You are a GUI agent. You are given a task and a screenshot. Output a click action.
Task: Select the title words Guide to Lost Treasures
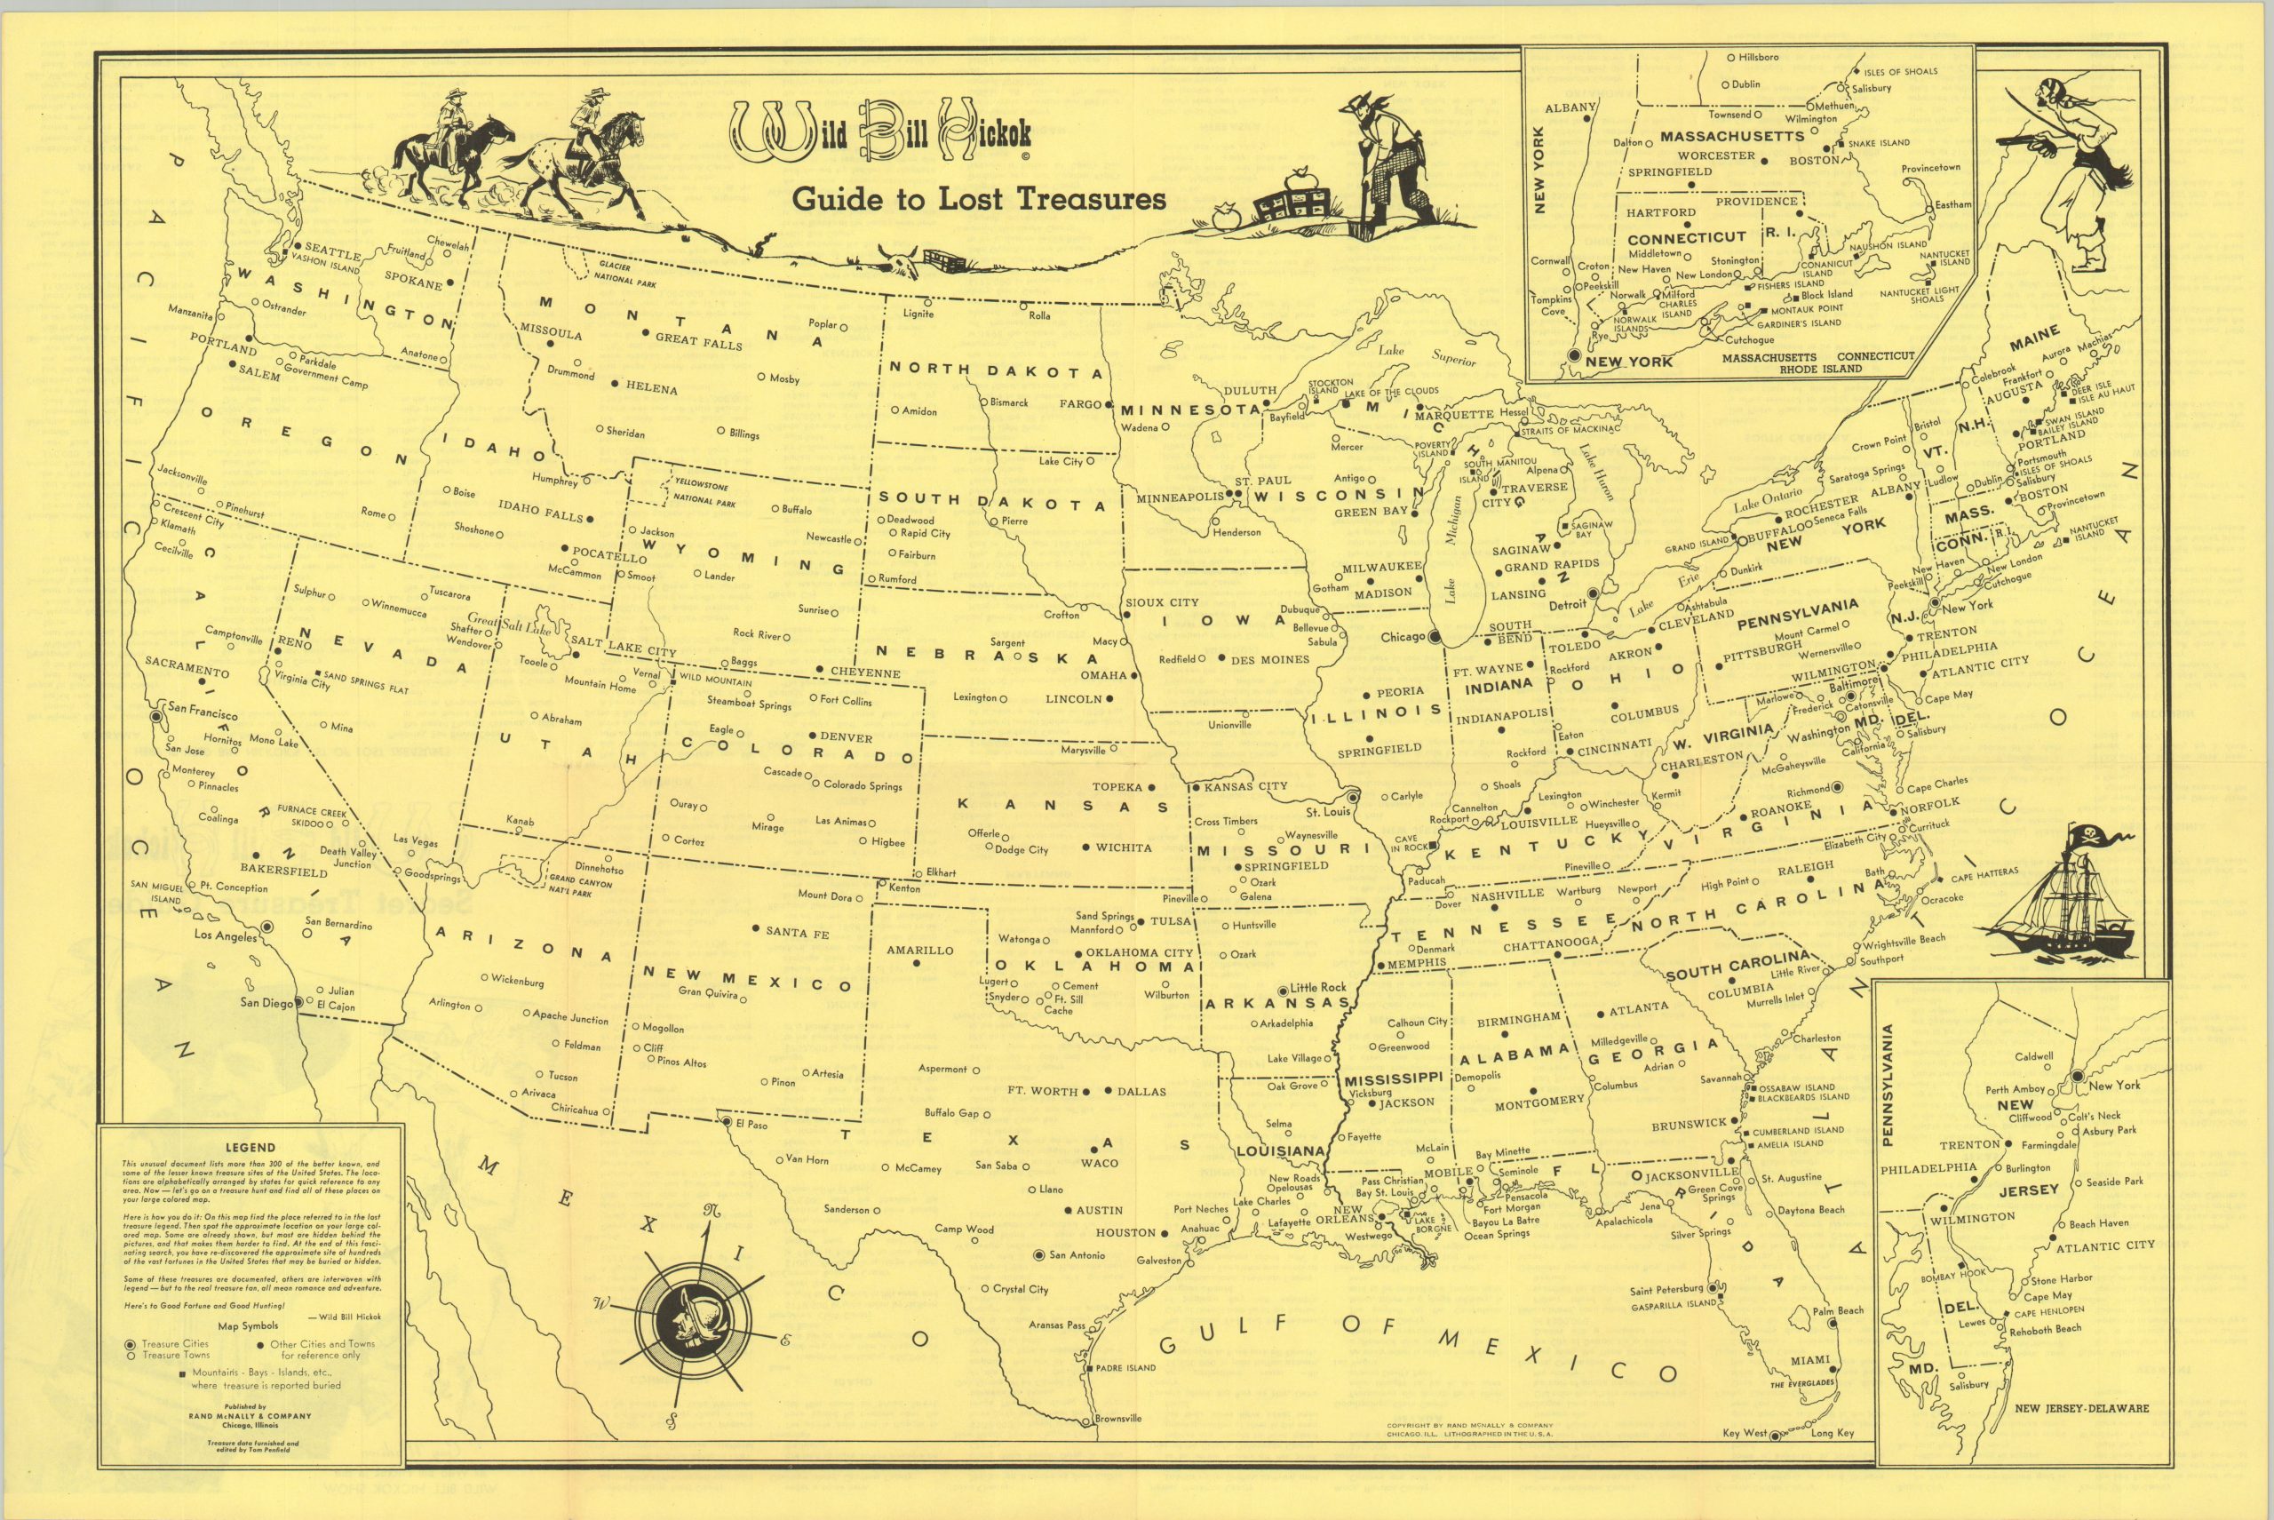click(979, 199)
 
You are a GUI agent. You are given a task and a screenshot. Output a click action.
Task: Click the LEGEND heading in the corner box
click(250, 1147)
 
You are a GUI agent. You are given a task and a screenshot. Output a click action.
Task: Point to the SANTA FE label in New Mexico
click(797, 933)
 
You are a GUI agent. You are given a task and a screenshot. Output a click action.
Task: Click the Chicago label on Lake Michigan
click(1403, 637)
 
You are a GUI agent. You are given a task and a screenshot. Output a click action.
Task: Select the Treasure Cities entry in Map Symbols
click(174, 1343)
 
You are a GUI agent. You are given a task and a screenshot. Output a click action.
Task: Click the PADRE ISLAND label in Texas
click(1125, 1368)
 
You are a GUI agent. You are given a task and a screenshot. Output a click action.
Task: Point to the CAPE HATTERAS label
click(1984, 873)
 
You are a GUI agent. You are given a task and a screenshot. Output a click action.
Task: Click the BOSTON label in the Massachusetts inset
click(1813, 160)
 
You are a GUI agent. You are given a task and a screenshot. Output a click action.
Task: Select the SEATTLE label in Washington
click(333, 254)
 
